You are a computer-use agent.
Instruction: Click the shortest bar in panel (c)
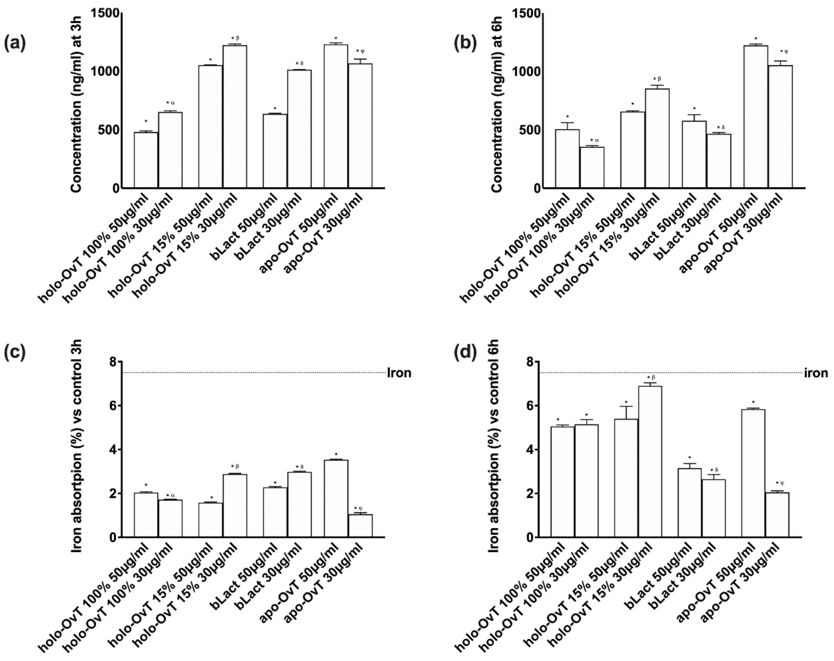tap(360, 525)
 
